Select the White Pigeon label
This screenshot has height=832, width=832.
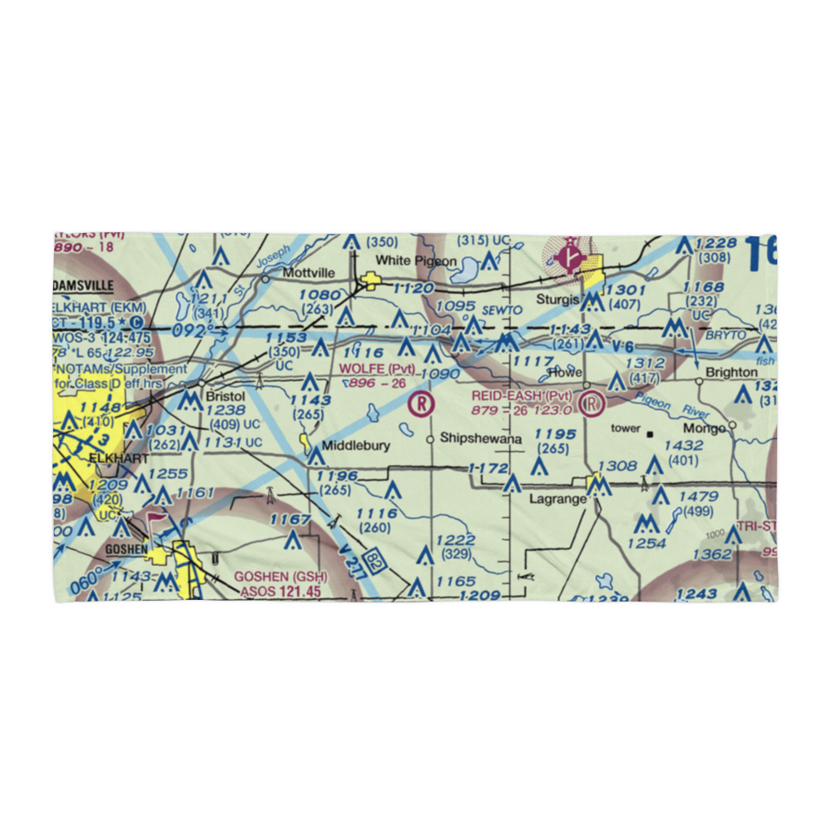(x=416, y=260)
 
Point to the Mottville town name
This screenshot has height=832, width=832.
(x=308, y=272)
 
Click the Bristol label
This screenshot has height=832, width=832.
(x=226, y=396)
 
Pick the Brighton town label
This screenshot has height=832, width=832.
(x=731, y=372)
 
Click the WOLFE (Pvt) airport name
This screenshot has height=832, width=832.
(x=377, y=369)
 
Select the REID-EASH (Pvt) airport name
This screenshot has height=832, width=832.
(x=522, y=395)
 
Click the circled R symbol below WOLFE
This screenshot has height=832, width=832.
(x=423, y=405)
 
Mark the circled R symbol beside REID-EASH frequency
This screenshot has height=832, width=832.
(x=592, y=405)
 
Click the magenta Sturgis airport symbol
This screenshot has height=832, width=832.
(x=569, y=257)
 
